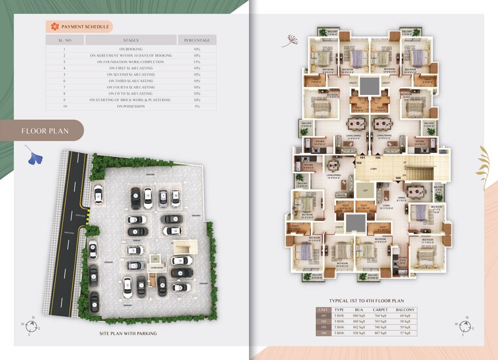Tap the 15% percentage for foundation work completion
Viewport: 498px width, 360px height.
197,62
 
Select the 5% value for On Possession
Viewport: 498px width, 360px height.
197,106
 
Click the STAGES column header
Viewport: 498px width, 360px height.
131,41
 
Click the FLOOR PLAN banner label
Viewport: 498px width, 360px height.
45,130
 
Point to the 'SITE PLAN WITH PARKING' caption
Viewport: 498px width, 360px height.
128,334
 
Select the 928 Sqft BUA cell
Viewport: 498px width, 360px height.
358,334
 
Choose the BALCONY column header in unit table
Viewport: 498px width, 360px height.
406,310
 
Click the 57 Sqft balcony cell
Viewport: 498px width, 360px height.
406,334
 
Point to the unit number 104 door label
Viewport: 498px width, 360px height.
397,178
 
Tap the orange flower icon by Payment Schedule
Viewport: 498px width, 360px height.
54,26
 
